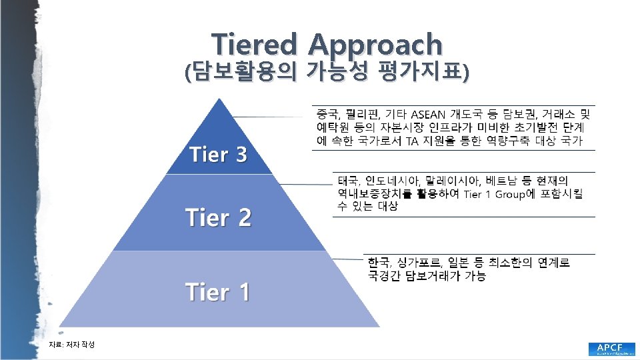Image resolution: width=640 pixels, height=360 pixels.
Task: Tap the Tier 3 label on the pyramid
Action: pyautogui.click(x=218, y=155)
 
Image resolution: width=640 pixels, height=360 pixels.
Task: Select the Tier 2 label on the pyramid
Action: pyautogui.click(x=218, y=218)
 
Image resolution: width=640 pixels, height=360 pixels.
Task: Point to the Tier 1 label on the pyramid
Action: pyautogui.click(x=217, y=291)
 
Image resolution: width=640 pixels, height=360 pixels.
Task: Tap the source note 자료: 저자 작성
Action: pyautogui.click(x=72, y=344)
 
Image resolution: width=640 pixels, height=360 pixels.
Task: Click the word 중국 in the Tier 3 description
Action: pyautogui.click(x=326, y=113)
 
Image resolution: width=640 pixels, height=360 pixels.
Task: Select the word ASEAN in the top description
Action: pyautogui.click(x=432, y=113)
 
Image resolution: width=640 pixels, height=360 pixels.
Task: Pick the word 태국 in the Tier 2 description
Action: pyautogui.click(x=348, y=181)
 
